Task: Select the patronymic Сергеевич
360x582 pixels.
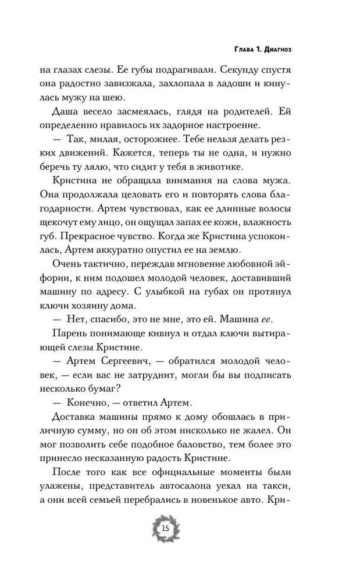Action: click(137, 382)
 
